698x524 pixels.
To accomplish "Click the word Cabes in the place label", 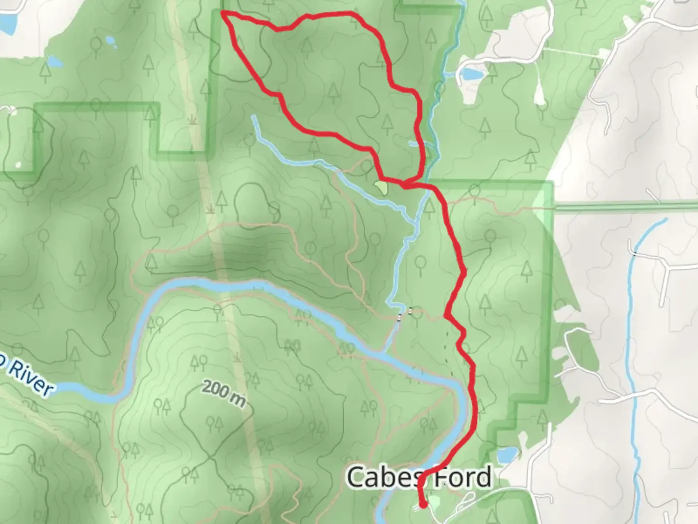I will pos(383,477).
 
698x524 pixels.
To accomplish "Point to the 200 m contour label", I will pos(223,393).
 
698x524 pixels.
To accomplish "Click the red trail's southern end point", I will pos(424,505).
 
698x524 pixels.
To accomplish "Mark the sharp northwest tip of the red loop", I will pos(223,12).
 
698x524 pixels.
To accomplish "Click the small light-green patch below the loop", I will pos(381,187).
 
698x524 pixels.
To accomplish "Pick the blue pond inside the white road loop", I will pos(470,74).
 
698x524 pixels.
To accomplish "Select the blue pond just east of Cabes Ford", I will pos(507,455).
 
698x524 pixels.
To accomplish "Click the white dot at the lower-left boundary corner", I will pos(18,165).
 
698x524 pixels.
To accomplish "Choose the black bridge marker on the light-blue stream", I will pos(400,318).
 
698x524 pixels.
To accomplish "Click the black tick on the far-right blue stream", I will pos(634,253).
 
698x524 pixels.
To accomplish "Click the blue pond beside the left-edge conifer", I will pos(55,62).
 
